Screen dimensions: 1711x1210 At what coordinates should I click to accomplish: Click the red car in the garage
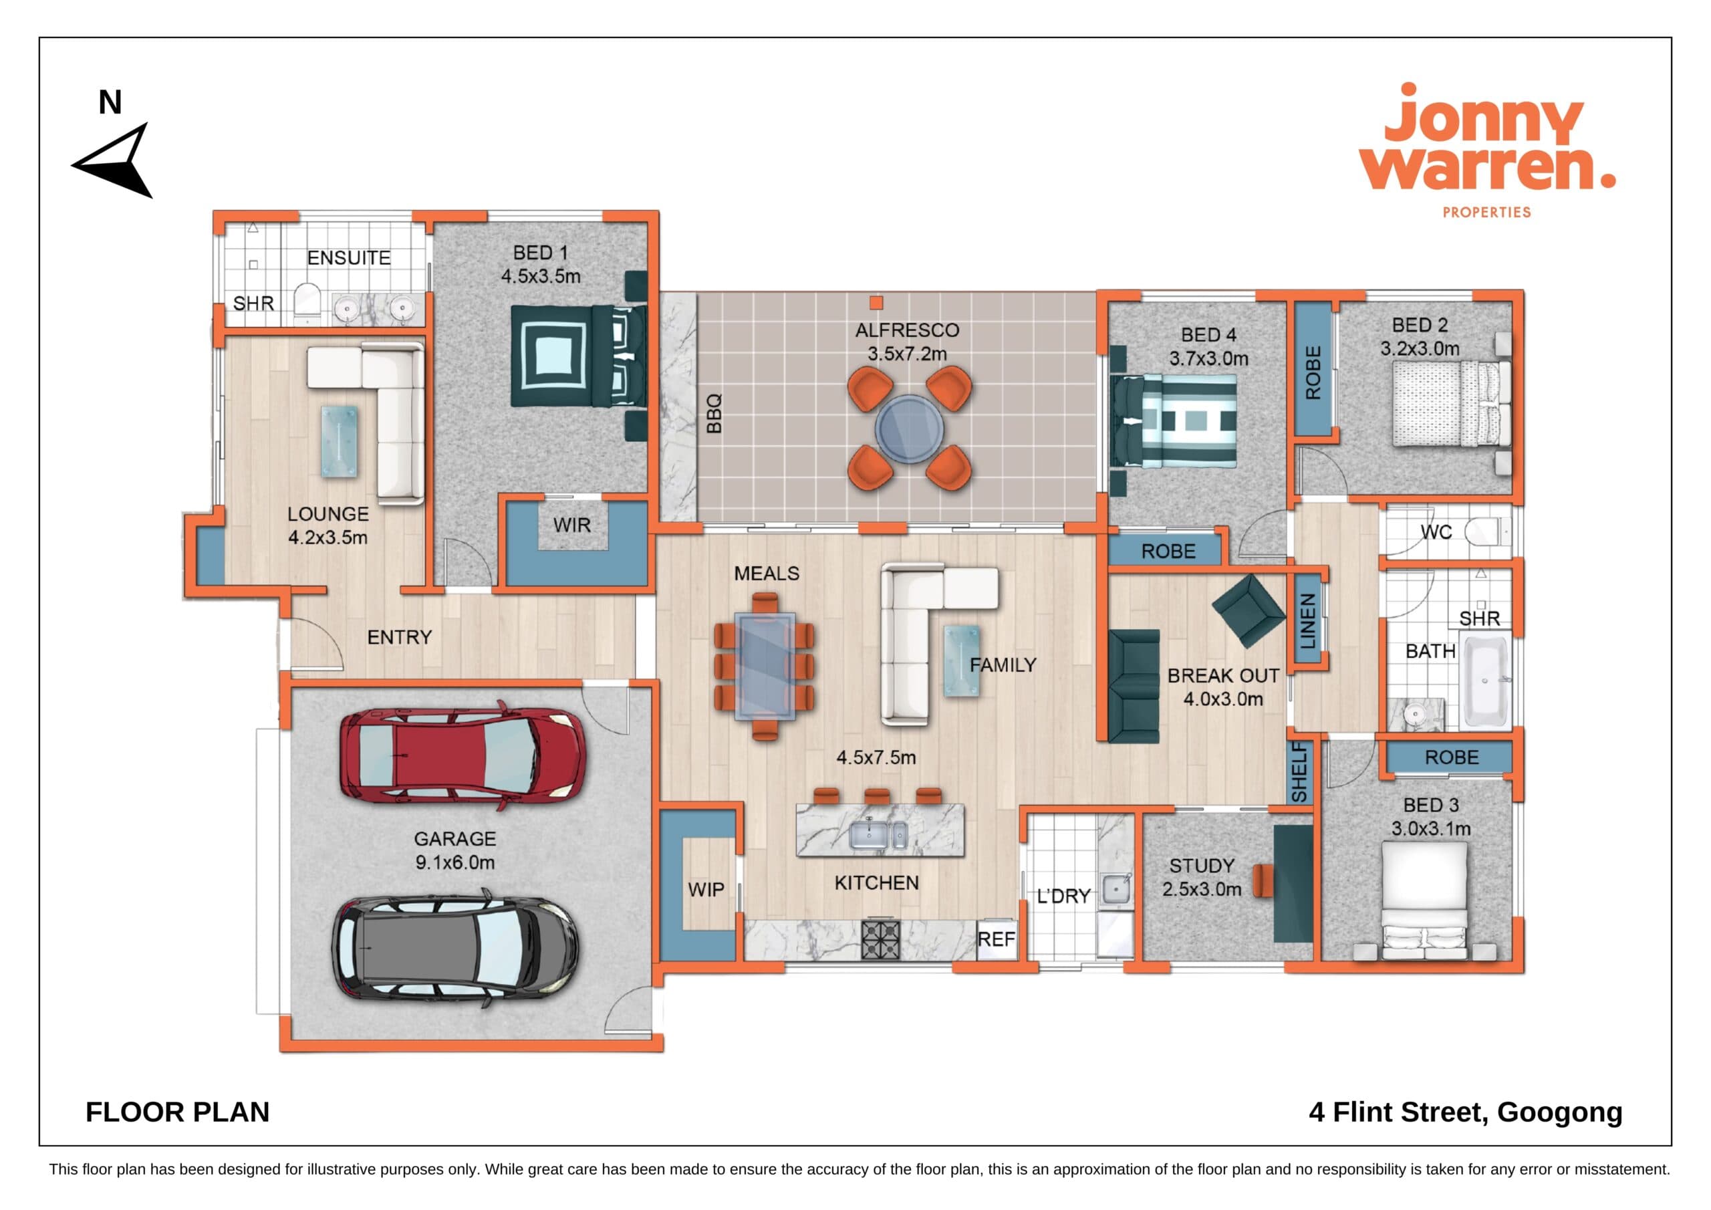(463, 757)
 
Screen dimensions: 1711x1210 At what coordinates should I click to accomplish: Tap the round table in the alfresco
(909, 430)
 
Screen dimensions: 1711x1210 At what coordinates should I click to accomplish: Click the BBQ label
(714, 414)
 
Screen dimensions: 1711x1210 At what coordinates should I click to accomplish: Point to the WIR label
(571, 525)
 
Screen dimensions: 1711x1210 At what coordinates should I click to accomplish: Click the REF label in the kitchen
(996, 939)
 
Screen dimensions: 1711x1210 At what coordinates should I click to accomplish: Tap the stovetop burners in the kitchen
(880, 940)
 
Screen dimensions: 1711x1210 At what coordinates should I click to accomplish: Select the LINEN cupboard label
(1308, 621)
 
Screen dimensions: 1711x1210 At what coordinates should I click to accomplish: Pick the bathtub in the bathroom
(1484, 681)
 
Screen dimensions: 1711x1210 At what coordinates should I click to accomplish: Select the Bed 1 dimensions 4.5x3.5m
(540, 276)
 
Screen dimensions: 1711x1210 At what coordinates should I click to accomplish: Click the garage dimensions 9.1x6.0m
(454, 862)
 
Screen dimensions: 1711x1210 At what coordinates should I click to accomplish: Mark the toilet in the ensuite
(307, 303)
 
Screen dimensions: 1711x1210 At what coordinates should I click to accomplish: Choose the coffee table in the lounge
(339, 441)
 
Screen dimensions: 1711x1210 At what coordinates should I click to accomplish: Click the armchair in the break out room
(1248, 609)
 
